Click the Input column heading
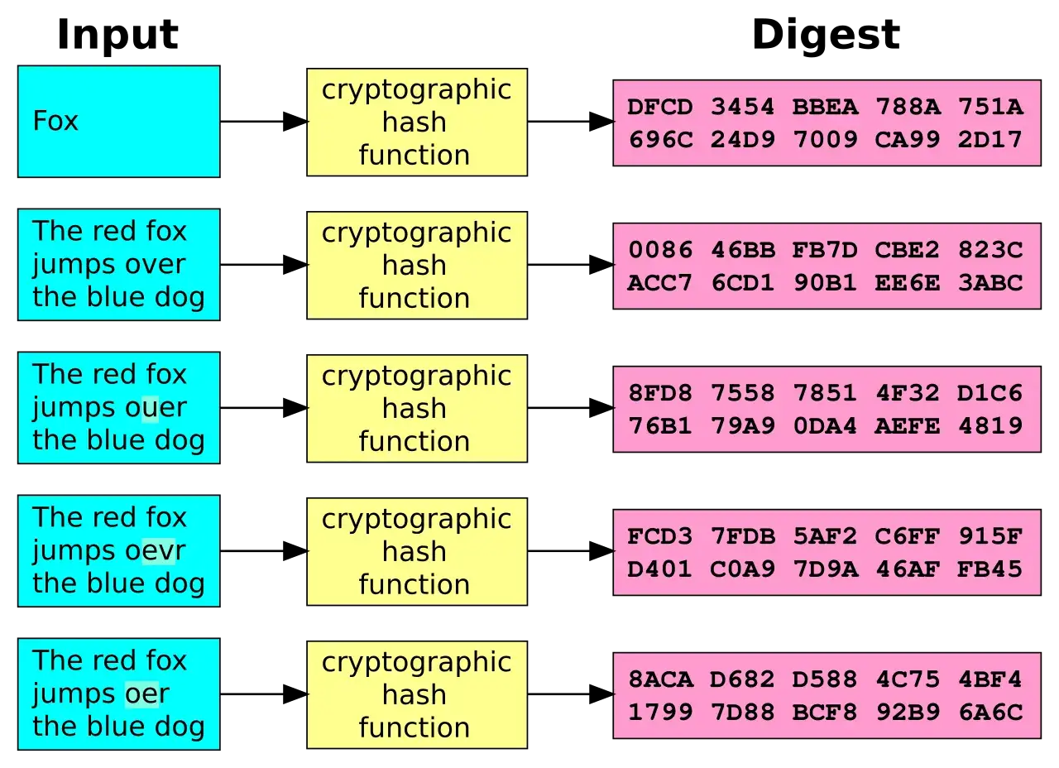click(117, 35)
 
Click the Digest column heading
click(826, 36)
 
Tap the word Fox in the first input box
click(55, 121)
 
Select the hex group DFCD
click(660, 107)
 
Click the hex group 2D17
click(990, 140)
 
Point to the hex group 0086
click(660, 250)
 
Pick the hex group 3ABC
click(990, 283)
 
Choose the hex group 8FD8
click(660, 393)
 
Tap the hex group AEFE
click(908, 426)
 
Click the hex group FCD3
click(660, 536)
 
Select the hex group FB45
click(990, 569)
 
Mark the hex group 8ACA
click(660, 679)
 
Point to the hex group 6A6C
click(990, 713)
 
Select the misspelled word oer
click(146, 694)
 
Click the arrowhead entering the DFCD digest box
click(601, 122)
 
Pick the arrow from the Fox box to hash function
click(264, 122)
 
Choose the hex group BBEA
click(825, 107)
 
